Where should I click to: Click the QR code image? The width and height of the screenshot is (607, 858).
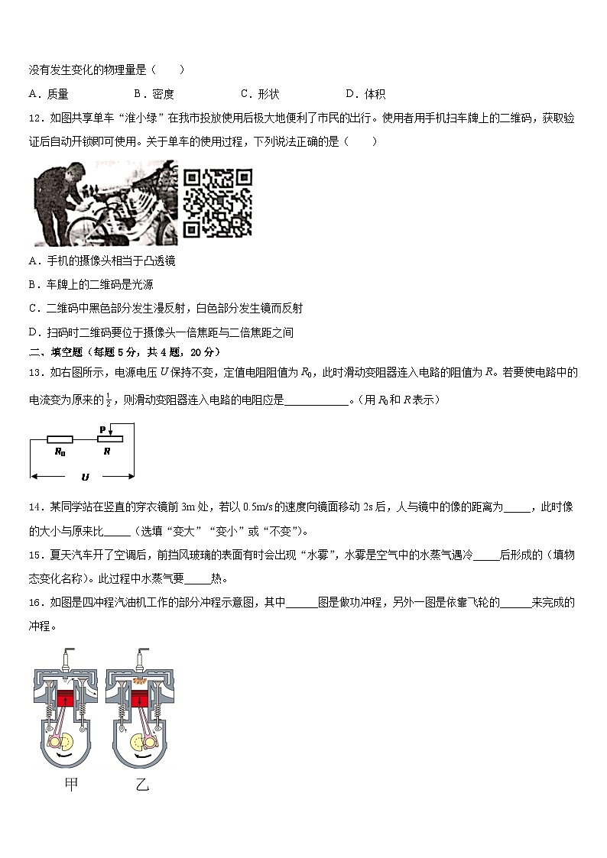pyautogui.click(x=217, y=202)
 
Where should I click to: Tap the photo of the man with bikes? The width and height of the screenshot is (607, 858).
pyautogui.click(x=105, y=202)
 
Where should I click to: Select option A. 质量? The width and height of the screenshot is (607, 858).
pyautogui.click(x=48, y=94)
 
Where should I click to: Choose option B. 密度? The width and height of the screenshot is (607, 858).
pyautogui.click(x=154, y=94)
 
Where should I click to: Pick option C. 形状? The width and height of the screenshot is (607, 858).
pyautogui.click(x=260, y=94)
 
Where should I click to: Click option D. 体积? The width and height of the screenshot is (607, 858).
pyautogui.click(x=365, y=94)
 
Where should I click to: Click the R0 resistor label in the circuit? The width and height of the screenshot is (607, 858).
pyautogui.click(x=60, y=452)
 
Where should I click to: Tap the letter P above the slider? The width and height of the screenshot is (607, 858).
pyautogui.click(x=102, y=430)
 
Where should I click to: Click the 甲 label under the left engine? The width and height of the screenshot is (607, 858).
pyautogui.click(x=71, y=784)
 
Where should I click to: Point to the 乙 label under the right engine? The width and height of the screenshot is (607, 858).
pyautogui.click(x=141, y=784)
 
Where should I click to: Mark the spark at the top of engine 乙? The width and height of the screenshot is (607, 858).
pyautogui.click(x=141, y=659)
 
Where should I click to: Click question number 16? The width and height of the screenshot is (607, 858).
pyautogui.click(x=35, y=603)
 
